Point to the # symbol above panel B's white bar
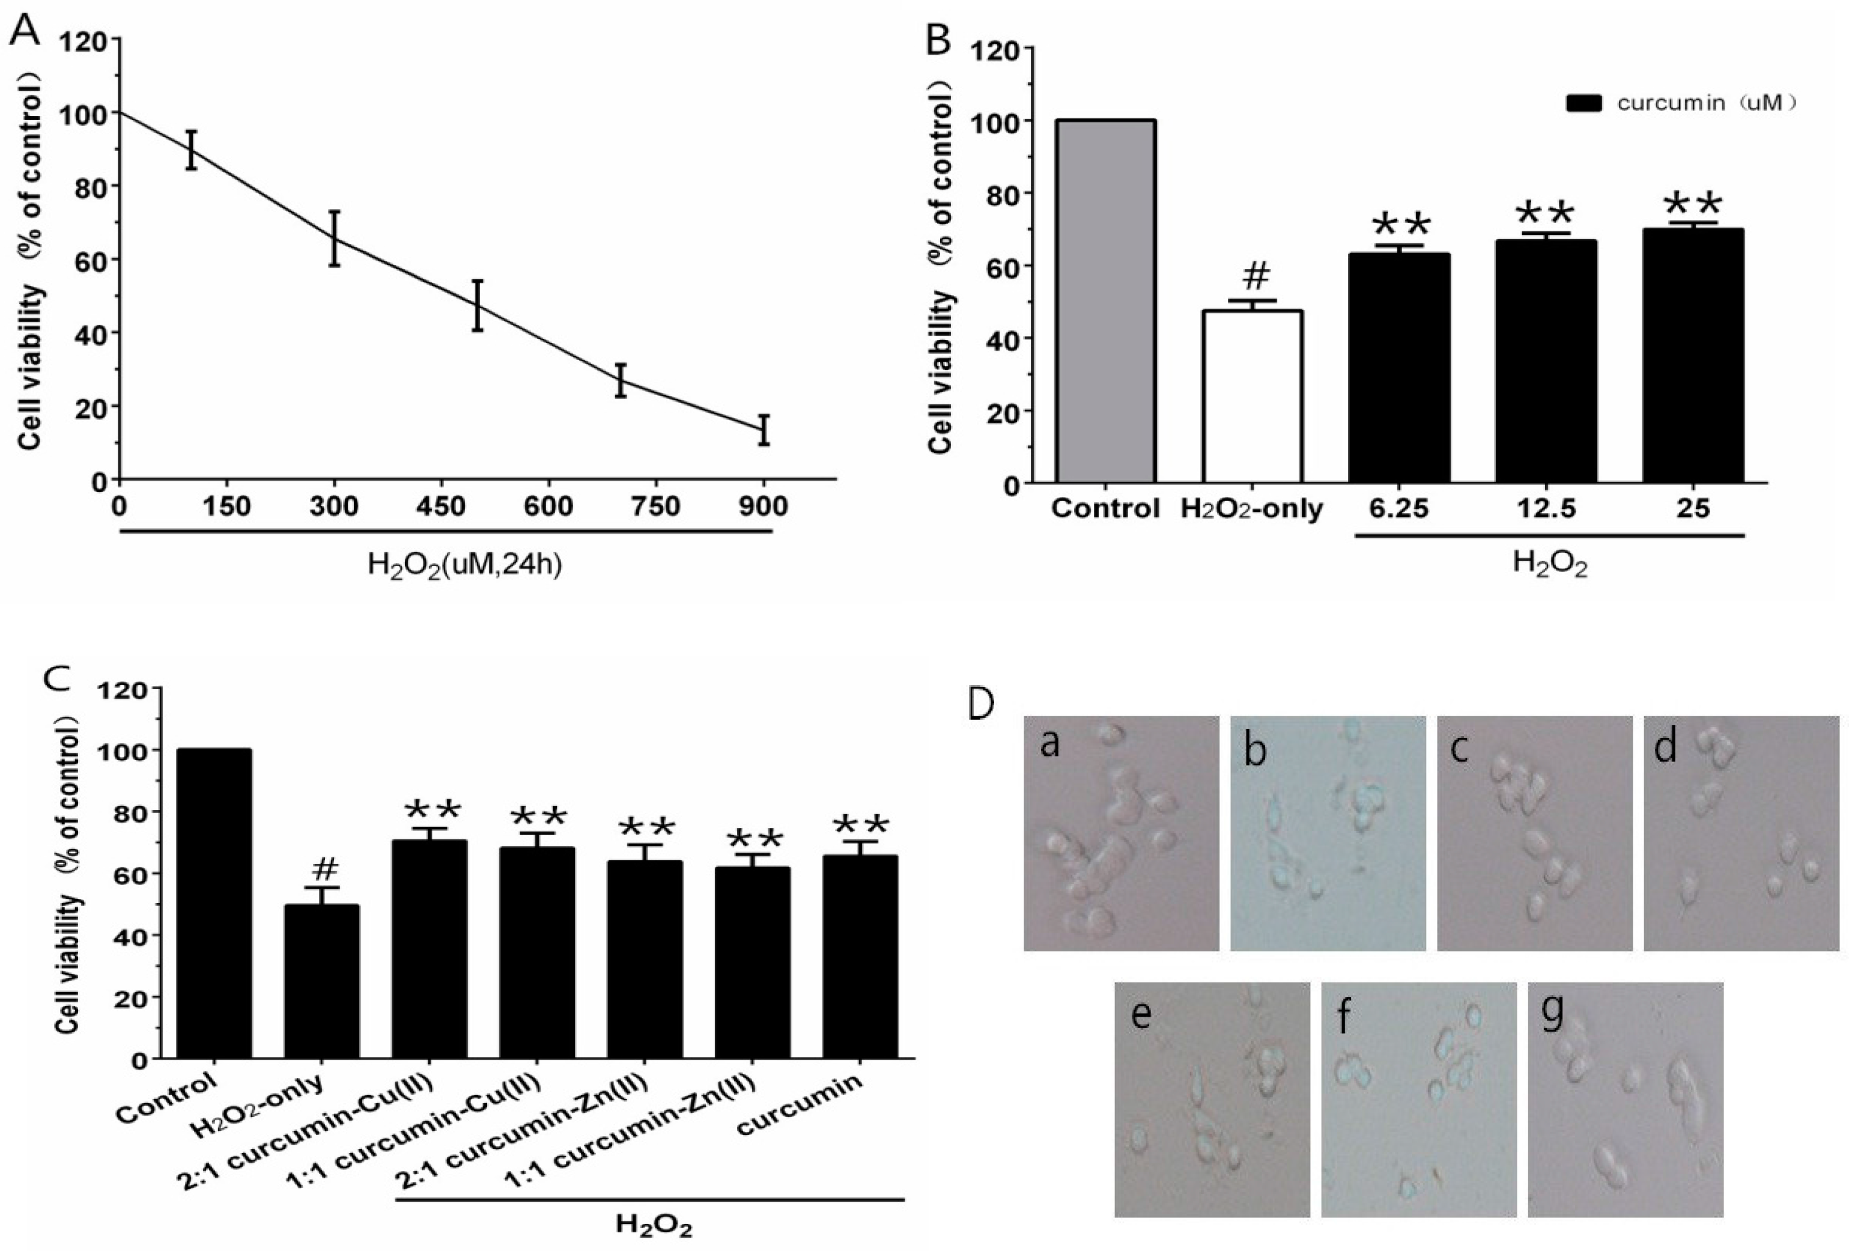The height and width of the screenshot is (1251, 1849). [x=1255, y=275]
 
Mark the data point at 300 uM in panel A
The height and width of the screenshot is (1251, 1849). [x=334, y=238]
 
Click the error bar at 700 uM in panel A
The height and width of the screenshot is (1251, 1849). [x=621, y=380]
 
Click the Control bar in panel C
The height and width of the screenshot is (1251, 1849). [x=214, y=902]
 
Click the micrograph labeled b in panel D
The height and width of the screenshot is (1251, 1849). [x=1327, y=832]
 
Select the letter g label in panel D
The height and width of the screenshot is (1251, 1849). [x=1552, y=1012]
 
